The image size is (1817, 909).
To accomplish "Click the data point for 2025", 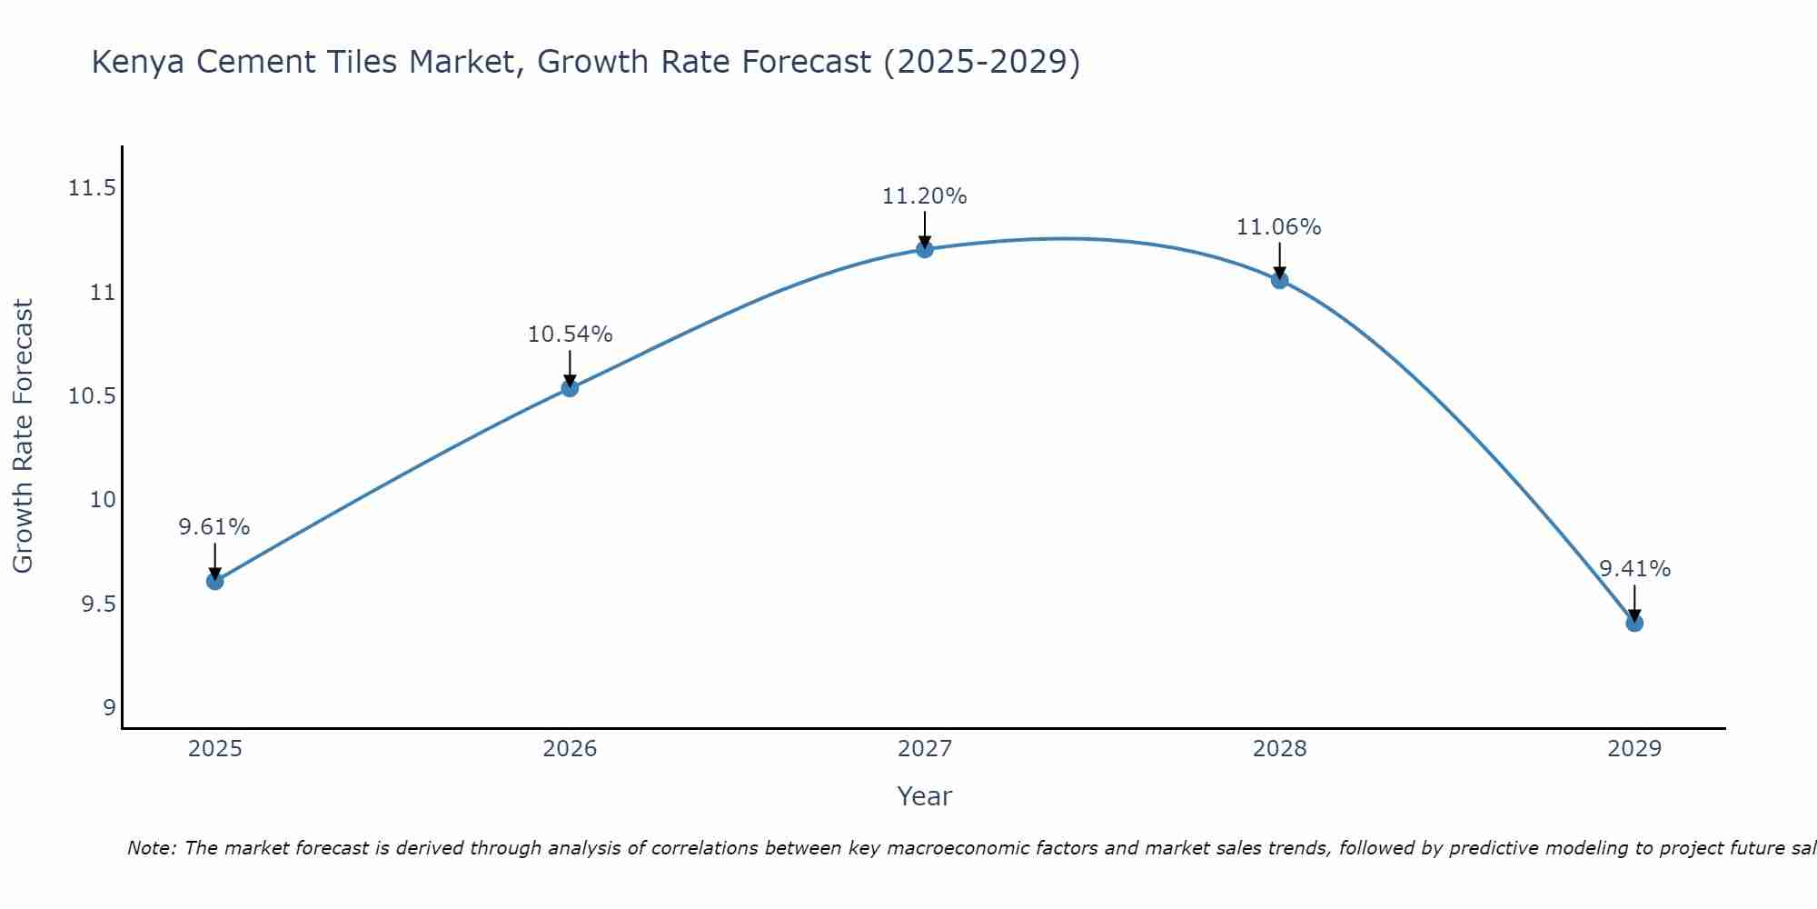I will coord(215,581).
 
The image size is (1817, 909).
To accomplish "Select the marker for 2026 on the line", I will coord(570,388).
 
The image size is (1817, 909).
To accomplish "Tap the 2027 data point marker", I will coord(925,249).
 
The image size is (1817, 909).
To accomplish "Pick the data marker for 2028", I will coord(1279,280).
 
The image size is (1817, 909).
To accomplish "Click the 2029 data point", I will coord(1634,623).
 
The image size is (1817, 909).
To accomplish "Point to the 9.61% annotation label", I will coord(214,527).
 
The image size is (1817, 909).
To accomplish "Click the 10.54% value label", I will coord(570,335).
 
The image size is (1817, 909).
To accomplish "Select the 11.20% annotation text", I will coord(925,196).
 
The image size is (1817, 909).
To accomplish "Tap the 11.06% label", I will coord(1279,227).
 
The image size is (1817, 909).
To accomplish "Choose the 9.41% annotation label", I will coord(1634,569).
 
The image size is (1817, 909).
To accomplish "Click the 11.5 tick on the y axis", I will coord(93,189).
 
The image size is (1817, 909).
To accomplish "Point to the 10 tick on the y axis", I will coord(104,500).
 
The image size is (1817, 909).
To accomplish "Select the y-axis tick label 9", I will coord(110,708).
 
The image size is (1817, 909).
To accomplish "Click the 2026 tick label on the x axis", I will coord(570,749).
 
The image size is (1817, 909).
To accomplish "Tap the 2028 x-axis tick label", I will coord(1279,749).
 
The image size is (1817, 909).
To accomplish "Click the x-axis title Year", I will coord(925,796).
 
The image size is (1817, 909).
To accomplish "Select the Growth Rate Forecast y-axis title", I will coord(24,436).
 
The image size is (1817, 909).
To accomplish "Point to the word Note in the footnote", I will coord(152,848).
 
